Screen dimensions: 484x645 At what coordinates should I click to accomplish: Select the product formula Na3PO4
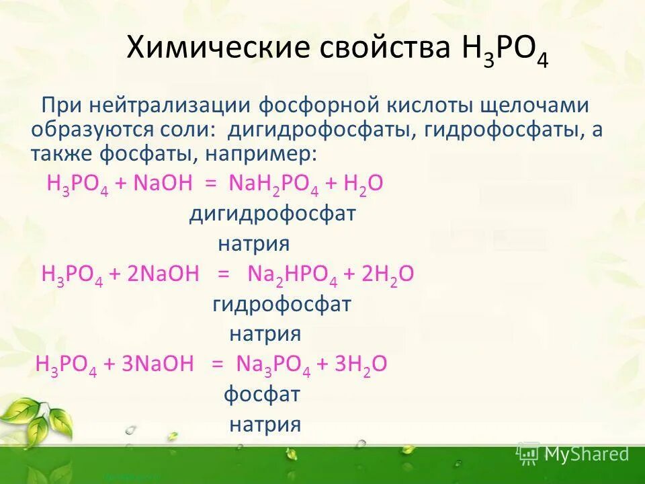(273, 364)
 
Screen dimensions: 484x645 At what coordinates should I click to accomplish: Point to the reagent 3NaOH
(157, 364)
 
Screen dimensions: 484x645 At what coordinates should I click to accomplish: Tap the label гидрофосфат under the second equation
(282, 305)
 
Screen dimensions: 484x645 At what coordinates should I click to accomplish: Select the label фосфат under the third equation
(261, 395)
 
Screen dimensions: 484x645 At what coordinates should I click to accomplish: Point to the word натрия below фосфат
(265, 424)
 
